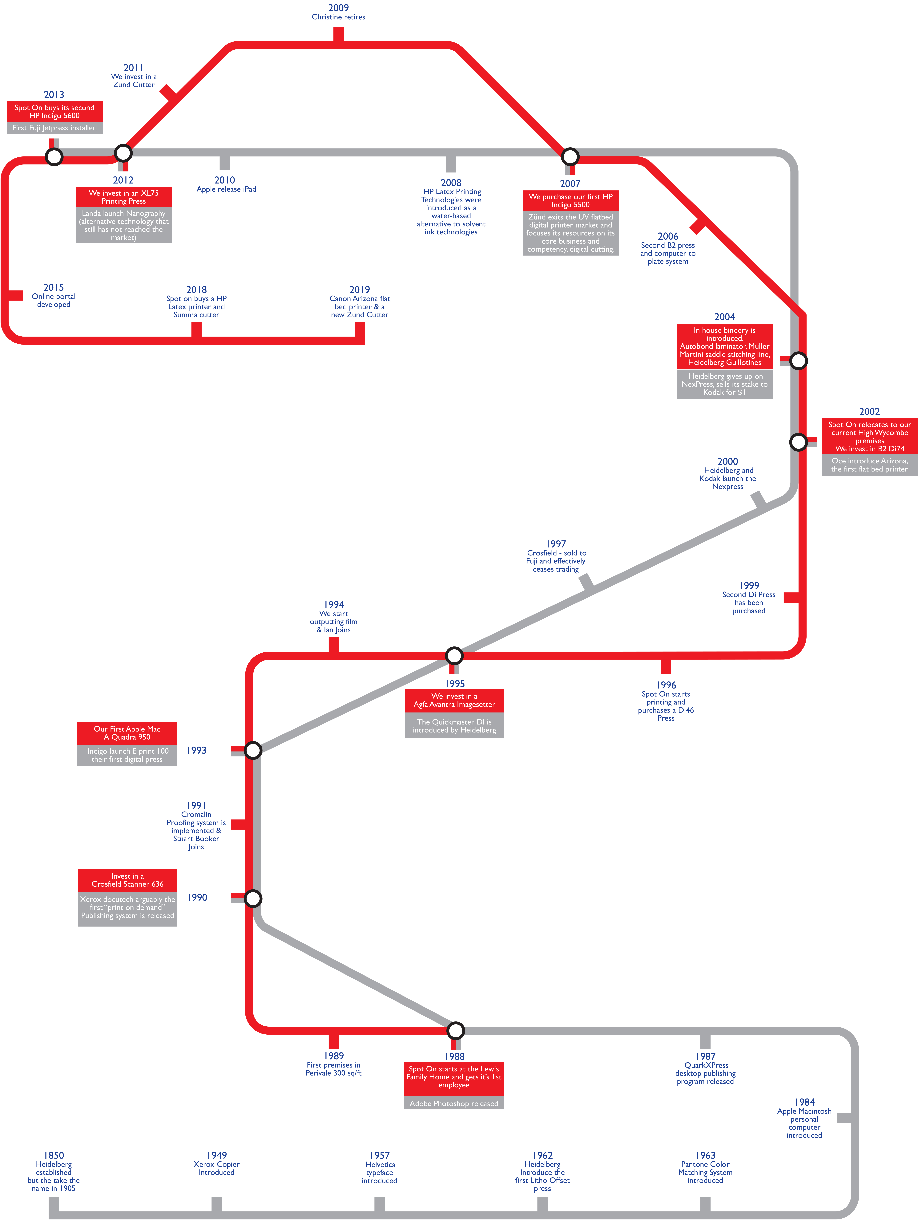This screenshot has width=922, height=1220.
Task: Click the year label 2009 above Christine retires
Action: click(x=338, y=8)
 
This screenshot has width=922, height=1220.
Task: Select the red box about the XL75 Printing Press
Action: click(x=124, y=197)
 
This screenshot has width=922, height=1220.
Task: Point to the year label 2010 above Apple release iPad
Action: click(x=225, y=180)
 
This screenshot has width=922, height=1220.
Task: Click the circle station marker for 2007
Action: click(x=570, y=157)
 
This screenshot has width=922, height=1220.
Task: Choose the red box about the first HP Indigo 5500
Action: click(x=570, y=200)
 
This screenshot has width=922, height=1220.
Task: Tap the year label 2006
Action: click(x=668, y=236)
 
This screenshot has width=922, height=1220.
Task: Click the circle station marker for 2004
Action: click(x=798, y=361)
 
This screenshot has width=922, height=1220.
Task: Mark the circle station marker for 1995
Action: click(x=454, y=655)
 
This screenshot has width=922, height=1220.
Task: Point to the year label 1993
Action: click(x=196, y=750)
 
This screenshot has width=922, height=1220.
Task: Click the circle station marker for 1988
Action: click(x=455, y=1030)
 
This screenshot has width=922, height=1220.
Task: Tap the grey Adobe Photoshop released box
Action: click(x=454, y=1103)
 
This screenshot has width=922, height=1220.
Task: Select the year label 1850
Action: click(x=54, y=1155)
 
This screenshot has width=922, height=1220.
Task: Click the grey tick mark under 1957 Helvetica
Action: click(x=380, y=1204)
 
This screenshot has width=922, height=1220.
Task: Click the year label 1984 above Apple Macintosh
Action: click(x=804, y=1102)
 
